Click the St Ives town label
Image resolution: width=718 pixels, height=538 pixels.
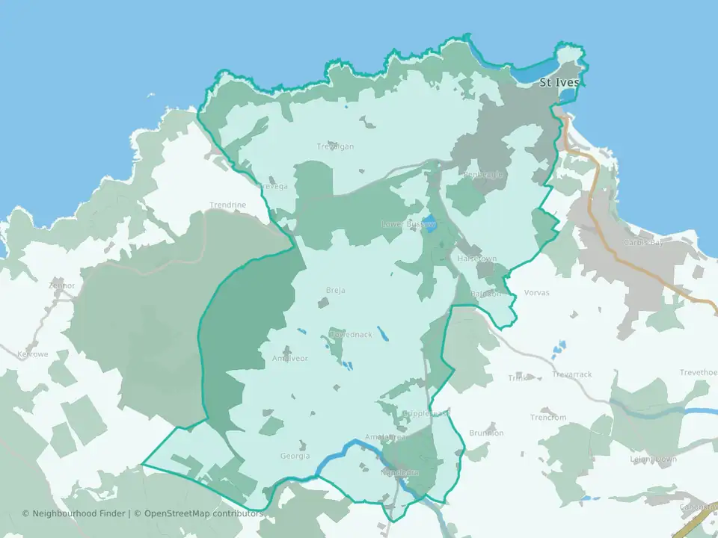[559, 82]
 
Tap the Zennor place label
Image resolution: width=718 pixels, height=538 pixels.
[61, 285]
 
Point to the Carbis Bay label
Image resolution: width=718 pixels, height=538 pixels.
[645, 243]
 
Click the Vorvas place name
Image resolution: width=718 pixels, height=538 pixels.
[536, 293]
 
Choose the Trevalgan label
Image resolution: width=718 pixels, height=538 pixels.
[335, 146]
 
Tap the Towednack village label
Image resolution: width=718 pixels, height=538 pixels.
[350, 335]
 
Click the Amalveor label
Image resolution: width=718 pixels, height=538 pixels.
[289, 359]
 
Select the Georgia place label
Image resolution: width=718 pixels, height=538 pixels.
[295, 456]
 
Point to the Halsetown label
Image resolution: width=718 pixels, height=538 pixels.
[476, 259]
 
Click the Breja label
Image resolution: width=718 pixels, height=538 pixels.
[335, 290]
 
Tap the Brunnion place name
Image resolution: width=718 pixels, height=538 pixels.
[486, 433]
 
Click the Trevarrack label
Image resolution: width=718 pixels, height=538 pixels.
[571, 374]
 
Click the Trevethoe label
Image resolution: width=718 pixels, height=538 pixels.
[698, 373]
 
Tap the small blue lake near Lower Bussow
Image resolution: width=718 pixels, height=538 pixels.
[429, 223]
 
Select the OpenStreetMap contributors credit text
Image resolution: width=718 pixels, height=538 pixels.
[203, 513]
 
